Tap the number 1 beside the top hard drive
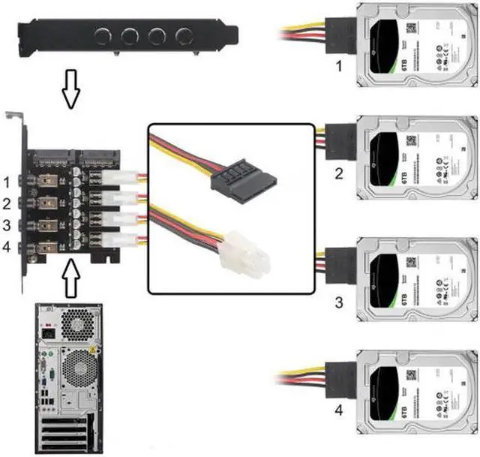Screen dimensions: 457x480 338,67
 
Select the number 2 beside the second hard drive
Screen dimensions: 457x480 338,175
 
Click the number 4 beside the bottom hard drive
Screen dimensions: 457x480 338,410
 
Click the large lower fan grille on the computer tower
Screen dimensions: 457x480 77,372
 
